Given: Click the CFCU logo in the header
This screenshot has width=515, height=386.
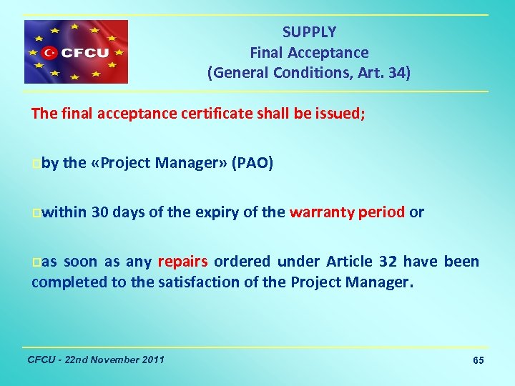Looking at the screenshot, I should tap(76, 51).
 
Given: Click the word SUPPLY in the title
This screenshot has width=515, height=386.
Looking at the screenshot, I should tap(309, 32).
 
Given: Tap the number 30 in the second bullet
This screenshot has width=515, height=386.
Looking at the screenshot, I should tap(100, 212).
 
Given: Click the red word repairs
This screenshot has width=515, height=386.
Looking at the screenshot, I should tap(183, 262).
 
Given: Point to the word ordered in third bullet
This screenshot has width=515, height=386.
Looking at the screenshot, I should tap(242, 262).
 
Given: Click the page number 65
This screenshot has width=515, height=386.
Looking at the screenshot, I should tap(479, 360).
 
